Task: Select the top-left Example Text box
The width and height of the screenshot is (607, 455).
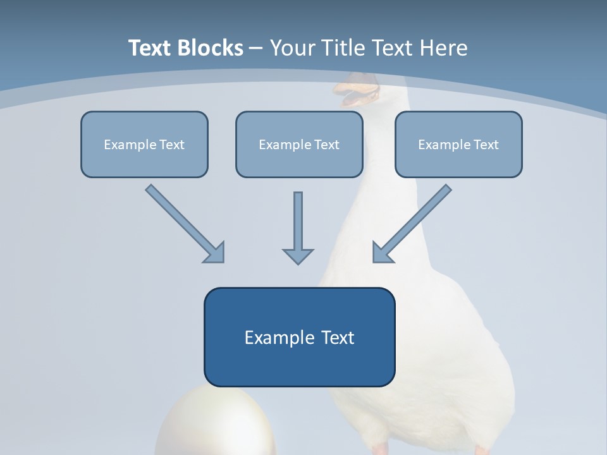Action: point(144,144)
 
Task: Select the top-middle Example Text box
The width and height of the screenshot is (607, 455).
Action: point(299,144)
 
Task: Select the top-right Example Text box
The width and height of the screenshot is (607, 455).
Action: point(458,144)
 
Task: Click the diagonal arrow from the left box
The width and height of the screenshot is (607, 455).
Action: point(183,222)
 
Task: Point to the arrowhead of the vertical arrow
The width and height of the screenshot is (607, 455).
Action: point(298,256)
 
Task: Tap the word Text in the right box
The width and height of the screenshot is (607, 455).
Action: point(486,144)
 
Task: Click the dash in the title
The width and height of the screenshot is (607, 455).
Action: point(256,48)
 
